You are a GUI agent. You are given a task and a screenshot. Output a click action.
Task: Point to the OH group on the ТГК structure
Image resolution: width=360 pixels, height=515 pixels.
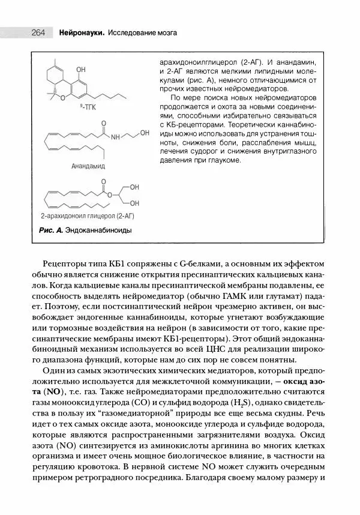coord(81,68)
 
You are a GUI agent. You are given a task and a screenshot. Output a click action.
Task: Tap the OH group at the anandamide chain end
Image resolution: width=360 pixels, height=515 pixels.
coord(145,133)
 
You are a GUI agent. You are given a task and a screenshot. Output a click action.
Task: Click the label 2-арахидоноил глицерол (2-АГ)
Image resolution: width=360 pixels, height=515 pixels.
coord(87,215)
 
